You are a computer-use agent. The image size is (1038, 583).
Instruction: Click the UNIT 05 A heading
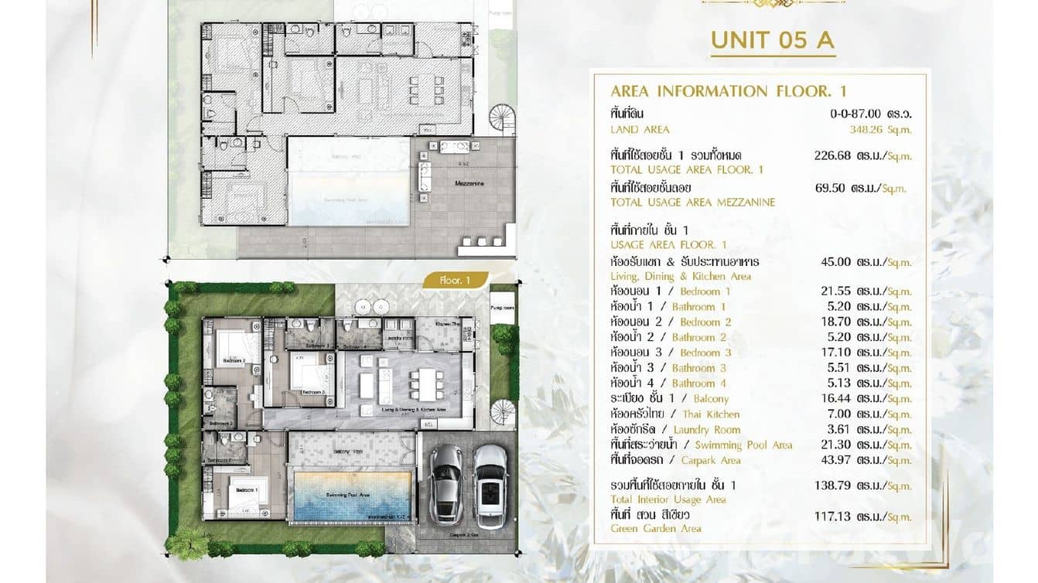772,40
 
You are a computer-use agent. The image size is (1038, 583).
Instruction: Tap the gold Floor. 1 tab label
455,281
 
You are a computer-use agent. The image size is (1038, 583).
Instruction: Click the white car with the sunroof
490,486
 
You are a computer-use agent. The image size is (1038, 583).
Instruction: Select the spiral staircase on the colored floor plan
502,414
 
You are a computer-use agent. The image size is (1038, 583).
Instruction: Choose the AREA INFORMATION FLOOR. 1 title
729,91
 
